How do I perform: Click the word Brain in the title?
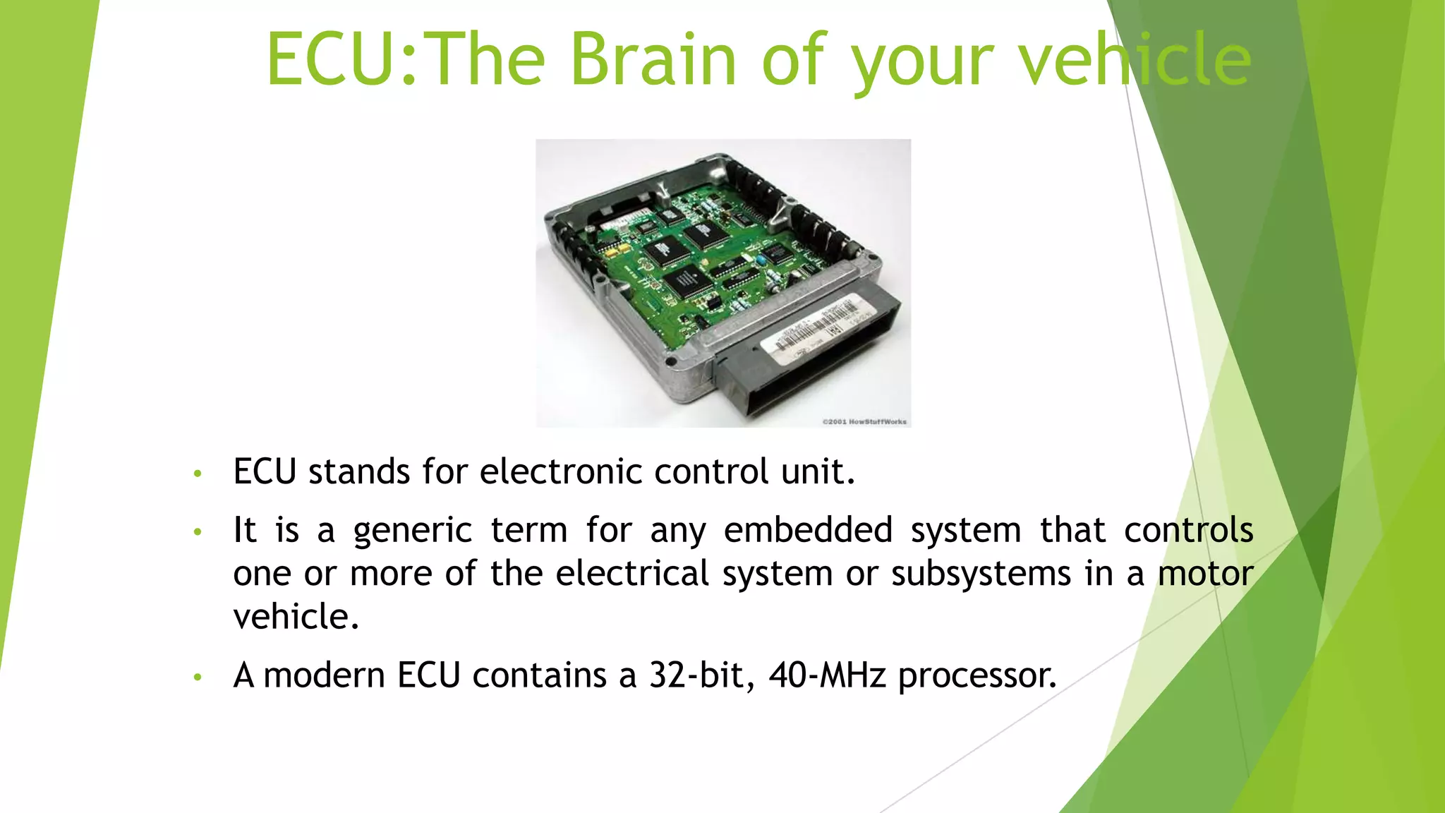tap(653, 59)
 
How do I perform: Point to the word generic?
tap(412, 531)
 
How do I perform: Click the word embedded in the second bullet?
tap(808, 531)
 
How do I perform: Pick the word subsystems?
tap(981, 574)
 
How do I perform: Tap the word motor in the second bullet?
tap(1205, 574)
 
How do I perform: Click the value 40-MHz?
tap(827, 675)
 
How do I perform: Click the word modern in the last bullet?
tap(324, 675)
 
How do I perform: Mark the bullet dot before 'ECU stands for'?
tap(198, 474)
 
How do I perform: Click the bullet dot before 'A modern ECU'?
tap(198, 677)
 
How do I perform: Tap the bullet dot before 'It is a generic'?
tap(198, 532)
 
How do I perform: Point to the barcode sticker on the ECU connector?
tap(818, 330)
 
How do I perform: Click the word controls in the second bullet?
tap(1188, 531)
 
